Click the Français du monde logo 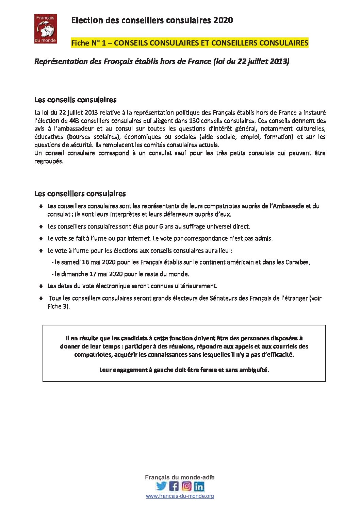(x=46, y=29)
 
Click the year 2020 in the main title (x=223, y=20)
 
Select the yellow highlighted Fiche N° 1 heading (x=190, y=43)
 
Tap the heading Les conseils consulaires (x=75, y=100)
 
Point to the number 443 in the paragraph (x=74, y=121)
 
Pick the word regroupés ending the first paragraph (x=49, y=162)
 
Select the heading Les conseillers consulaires (x=80, y=193)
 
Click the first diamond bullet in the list (x=41, y=206)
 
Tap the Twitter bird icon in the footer (x=161, y=486)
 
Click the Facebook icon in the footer (x=174, y=486)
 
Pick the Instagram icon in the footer (x=186, y=486)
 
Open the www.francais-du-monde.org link (x=180, y=496)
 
